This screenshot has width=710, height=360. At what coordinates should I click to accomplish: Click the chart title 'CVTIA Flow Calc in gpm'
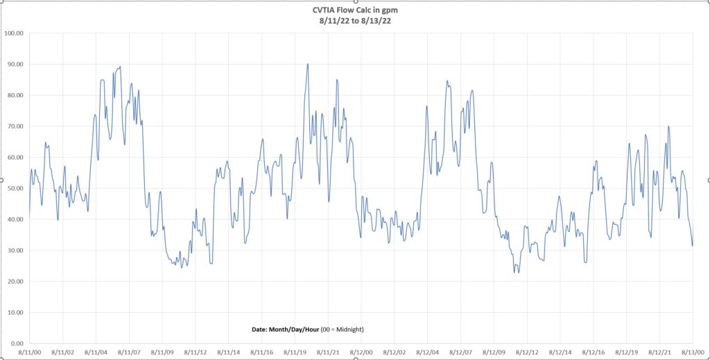354,10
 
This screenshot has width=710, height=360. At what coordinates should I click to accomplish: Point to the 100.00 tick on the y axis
14,33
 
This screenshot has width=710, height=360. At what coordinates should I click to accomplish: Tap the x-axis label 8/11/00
28,352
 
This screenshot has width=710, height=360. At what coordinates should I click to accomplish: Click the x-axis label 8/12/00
361,352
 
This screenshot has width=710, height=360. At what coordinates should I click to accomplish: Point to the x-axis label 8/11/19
295,352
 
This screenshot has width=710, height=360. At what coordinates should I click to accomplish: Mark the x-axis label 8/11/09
162,352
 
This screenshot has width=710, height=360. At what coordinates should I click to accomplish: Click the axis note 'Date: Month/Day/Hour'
284,329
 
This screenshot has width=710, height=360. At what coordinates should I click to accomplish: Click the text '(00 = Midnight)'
342,329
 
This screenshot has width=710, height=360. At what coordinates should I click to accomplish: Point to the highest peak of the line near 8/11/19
307,64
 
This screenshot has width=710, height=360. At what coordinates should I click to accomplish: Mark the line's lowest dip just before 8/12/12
515,273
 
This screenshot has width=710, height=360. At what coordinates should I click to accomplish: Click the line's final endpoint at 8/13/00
693,246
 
